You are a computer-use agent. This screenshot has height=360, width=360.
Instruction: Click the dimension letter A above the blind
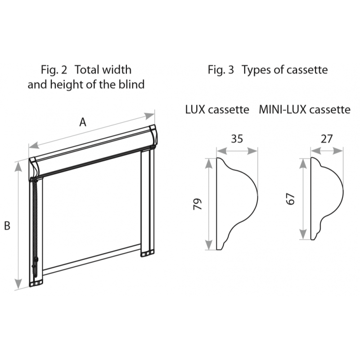[83, 122]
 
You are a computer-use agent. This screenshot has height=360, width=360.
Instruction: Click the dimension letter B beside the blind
[7, 226]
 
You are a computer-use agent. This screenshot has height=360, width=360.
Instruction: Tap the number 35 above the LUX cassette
[237, 139]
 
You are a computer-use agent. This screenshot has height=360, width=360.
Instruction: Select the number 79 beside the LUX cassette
[198, 204]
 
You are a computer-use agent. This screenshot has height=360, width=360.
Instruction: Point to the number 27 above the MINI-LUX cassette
[327, 139]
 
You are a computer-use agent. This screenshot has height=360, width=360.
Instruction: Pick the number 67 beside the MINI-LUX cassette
[290, 199]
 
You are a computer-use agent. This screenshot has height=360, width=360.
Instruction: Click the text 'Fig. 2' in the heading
[54, 70]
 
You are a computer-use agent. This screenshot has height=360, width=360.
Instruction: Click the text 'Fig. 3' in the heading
[221, 70]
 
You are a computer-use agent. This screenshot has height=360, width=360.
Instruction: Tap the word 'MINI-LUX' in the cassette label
[283, 109]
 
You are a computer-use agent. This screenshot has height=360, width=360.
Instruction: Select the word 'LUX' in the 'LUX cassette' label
[195, 109]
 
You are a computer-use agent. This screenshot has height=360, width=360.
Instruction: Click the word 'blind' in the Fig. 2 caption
[131, 84]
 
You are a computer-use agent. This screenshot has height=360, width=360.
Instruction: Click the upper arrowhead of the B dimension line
[18, 166]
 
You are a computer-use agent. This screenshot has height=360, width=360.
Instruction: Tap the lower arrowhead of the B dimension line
[18, 284]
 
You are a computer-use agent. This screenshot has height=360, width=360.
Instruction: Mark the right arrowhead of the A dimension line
[150, 116]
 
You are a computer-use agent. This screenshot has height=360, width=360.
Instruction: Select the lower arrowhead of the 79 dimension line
[209, 245]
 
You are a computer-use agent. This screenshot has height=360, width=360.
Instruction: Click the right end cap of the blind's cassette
[153, 136]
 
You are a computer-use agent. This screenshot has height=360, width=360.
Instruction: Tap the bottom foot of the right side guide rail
[148, 253]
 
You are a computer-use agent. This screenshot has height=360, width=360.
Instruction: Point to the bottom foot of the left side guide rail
[36, 283]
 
